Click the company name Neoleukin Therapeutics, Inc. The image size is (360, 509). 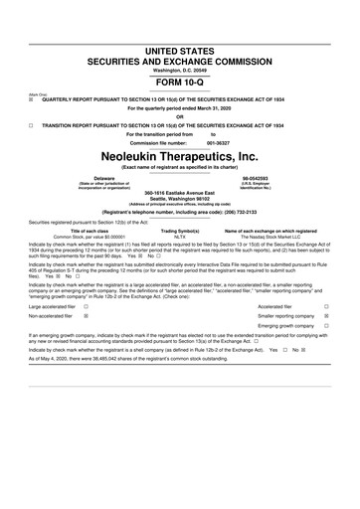(x=179, y=155)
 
